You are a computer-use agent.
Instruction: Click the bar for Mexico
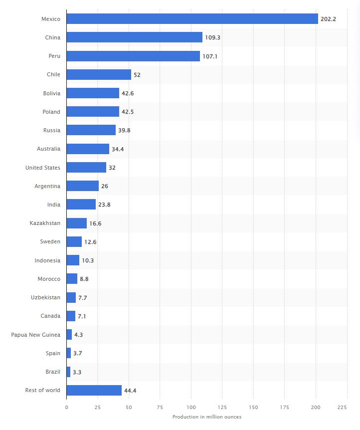[x=192, y=19]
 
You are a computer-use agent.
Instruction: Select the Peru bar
[x=133, y=56]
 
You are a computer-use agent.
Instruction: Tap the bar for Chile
[x=99, y=74]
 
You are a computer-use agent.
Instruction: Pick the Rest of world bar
[x=94, y=390]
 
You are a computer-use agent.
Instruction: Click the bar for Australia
[x=88, y=149]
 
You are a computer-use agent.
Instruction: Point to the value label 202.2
[x=329, y=19]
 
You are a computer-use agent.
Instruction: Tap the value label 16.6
[x=95, y=223]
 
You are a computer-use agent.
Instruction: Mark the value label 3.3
[x=78, y=372]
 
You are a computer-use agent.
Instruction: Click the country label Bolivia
[x=51, y=93]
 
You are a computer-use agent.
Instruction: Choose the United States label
[x=42, y=168]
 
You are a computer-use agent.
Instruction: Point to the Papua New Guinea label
[x=35, y=334]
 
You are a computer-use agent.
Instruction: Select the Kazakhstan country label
[x=45, y=223]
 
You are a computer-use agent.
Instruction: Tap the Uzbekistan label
[x=45, y=297]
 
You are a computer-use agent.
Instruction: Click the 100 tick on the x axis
[x=191, y=407]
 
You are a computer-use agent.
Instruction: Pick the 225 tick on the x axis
[x=342, y=407]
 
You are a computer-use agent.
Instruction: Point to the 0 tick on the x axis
[x=66, y=407]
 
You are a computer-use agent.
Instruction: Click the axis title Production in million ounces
[x=206, y=417]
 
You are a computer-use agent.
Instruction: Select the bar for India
[x=81, y=205]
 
